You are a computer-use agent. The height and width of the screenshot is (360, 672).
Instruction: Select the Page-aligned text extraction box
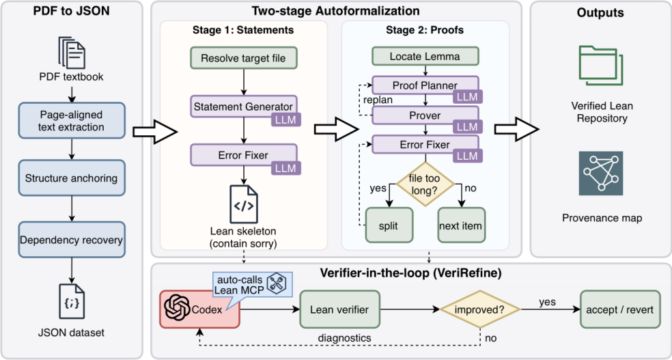click(x=72, y=121)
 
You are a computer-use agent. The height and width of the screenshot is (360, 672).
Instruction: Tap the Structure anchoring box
click(x=72, y=178)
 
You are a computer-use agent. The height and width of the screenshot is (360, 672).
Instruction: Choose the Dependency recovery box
click(x=72, y=239)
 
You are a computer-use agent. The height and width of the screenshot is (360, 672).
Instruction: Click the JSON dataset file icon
click(x=71, y=300)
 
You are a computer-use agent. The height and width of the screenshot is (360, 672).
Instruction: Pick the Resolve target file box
click(x=243, y=58)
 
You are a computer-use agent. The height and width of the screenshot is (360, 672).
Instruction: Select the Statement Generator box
click(x=243, y=107)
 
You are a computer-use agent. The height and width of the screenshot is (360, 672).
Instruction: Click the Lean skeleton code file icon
click(x=243, y=204)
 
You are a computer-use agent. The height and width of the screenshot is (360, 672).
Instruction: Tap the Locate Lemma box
click(x=425, y=56)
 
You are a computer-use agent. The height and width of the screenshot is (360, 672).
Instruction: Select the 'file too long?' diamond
click(x=425, y=184)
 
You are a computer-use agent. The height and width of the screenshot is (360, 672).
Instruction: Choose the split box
click(x=389, y=226)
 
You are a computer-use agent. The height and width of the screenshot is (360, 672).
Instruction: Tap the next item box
click(x=462, y=226)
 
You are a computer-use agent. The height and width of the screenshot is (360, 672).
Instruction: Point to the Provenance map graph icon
click(x=600, y=173)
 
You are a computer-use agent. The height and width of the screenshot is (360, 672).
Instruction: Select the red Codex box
click(x=199, y=309)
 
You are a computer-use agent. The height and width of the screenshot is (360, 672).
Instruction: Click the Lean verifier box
click(x=340, y=309)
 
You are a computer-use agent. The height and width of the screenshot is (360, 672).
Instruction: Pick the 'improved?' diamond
click(x=480, y=309)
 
